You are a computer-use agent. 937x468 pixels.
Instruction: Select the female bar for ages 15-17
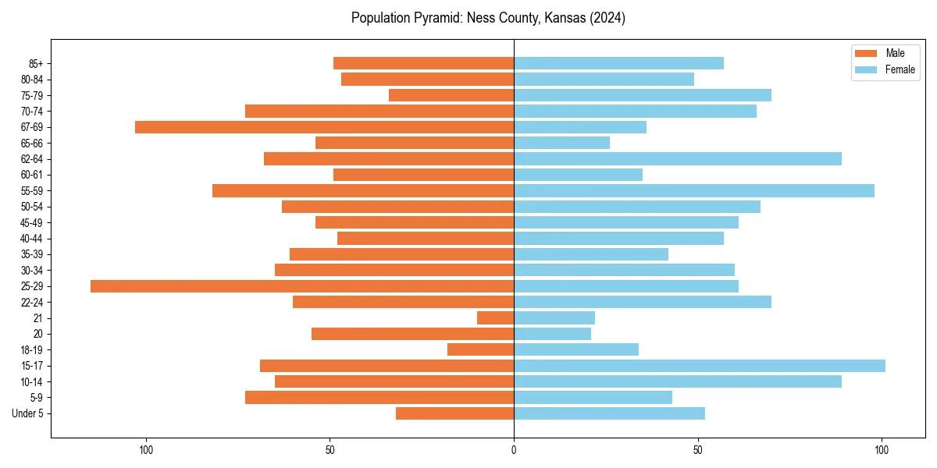coord(700,366)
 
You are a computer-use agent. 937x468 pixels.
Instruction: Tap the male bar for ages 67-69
coord(324,127)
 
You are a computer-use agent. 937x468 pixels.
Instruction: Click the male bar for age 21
coord(495,318)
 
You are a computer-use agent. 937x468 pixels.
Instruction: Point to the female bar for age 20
coord(553,334)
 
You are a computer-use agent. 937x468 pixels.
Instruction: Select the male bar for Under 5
coord(454,413)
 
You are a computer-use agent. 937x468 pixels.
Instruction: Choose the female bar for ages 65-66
coord(562,143)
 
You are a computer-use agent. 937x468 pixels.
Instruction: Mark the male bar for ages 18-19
coord(480,349)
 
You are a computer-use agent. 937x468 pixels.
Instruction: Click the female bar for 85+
coord(619,63)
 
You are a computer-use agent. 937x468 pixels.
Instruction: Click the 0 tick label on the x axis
coord(514,450)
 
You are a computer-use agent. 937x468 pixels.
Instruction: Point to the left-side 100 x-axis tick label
coord(146,450)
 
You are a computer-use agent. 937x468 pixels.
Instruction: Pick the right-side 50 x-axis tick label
coord(698,450)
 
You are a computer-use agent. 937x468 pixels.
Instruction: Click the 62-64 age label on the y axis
coord(32,159)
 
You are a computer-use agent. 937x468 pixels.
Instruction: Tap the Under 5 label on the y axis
coord(27,413)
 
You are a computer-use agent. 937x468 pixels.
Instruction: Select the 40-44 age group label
coord(32,239)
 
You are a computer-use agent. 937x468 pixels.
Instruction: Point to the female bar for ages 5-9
coord(593,398)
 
